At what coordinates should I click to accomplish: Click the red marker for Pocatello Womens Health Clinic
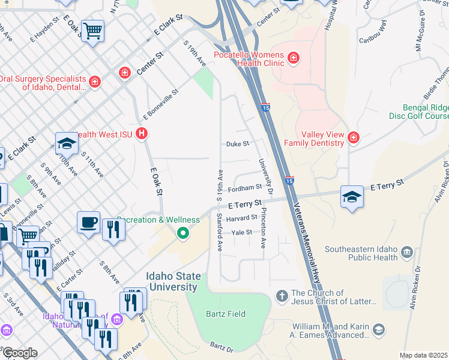(x=294, y=58)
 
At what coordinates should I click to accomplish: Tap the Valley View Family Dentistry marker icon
(x=354, y=138)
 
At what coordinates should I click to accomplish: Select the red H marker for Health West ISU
(x=142, y=133)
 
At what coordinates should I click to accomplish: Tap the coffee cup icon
(x=89, y=221)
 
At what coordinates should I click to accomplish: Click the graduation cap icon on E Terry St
(x=351, y=196)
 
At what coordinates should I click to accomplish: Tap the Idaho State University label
(x=182, y=282)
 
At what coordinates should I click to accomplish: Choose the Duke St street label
(x=237, y=144)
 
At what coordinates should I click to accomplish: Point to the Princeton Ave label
(x=262, y=229)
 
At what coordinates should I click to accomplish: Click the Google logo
(x=20, y=352)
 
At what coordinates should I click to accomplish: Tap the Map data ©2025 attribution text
(x=424, y=355)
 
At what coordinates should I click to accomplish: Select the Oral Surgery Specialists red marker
(x=94, y=81)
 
